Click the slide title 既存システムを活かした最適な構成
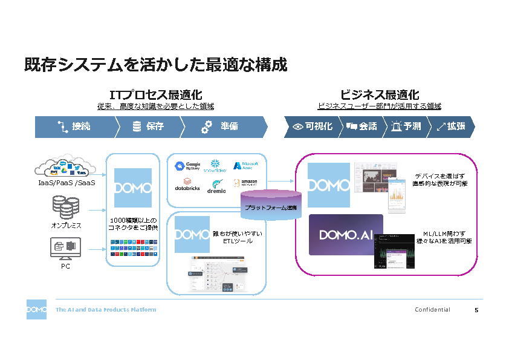[155, 65]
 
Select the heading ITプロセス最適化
[155, 95]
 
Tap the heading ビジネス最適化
[379, 95]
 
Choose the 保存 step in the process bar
[149, 126]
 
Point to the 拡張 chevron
[450, 126]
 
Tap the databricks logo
[188, 185]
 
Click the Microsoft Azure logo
[250, 165]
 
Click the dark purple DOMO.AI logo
[346, 235]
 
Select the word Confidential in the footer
[432, 310]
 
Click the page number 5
[476, 310]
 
